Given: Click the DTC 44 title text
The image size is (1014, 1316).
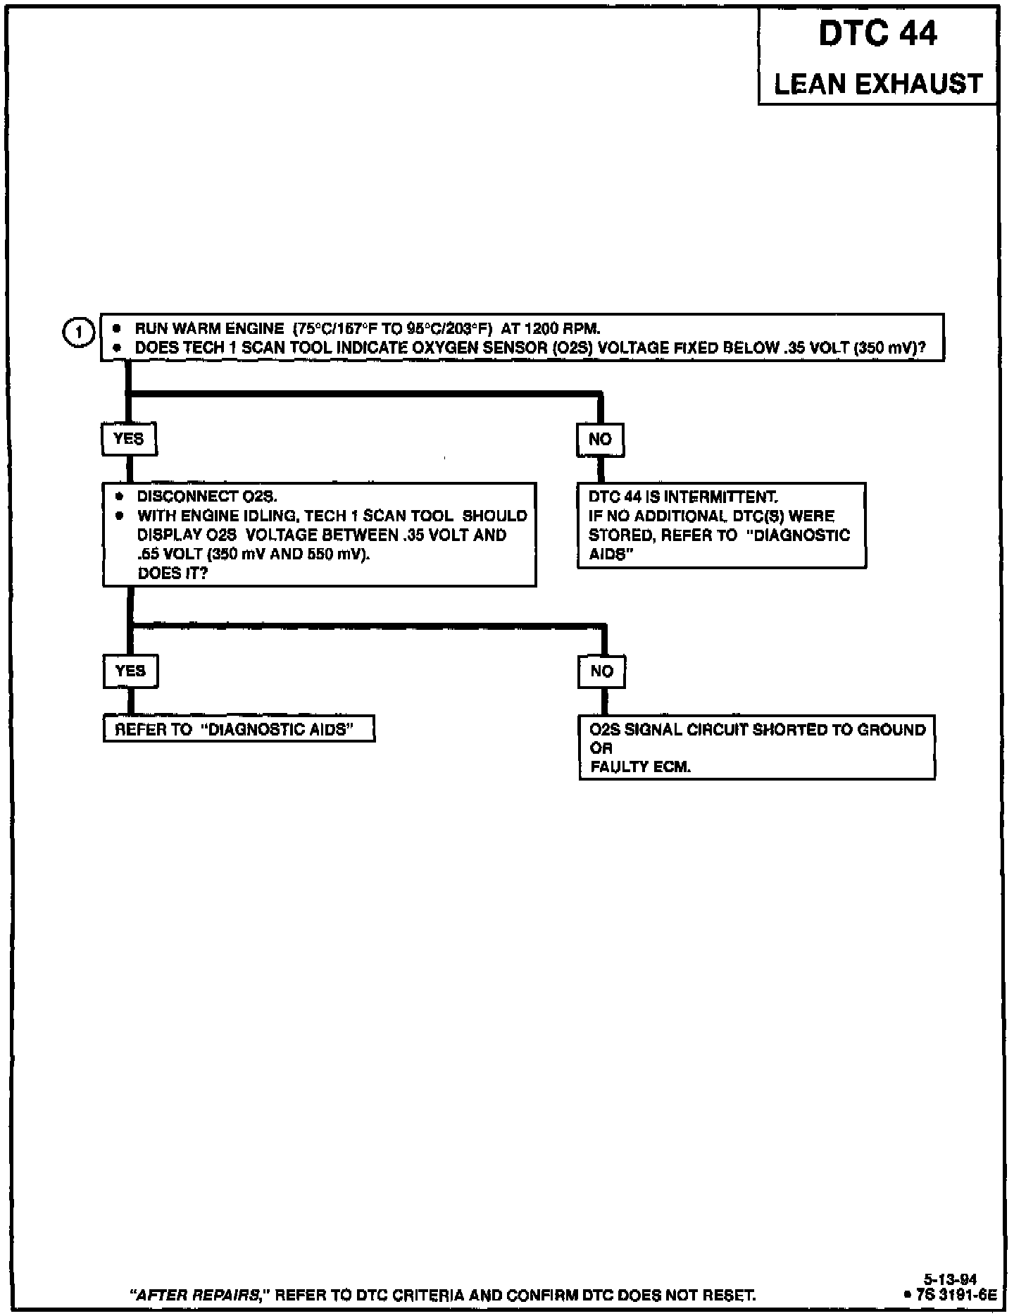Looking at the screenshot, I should pyautogui.click(x=877, y=33).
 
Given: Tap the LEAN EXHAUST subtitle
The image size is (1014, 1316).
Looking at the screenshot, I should pyautogui.click(x=878, y=84).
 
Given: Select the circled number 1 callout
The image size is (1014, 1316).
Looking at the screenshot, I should pyautogui.click(x=79, y=332).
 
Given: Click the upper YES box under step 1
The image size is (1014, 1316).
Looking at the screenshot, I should pyautogui.click(x=128, y=439).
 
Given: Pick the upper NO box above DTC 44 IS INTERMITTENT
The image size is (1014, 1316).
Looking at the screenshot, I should pyautogui.click(x=600, y=440).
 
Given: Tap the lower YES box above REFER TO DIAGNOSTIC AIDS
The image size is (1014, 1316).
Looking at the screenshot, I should pyautogui.click(x=130, y=671).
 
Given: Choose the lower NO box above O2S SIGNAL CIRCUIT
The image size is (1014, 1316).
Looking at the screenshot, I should pyautogui.click(x=601, y=671).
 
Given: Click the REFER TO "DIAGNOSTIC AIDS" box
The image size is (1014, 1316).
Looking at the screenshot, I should pyautogui.click(x=239, y=729).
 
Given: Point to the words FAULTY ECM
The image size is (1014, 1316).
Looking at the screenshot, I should pyautogui.click(x=640, y=767).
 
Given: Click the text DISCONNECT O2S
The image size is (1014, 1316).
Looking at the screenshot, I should pyautogui.click(x=207, y=497).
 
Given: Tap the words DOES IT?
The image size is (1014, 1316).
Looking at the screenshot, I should pyautogui.click(x=173, y=573).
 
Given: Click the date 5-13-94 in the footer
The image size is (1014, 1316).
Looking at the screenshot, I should pyautogui.click(x=950, y=1279).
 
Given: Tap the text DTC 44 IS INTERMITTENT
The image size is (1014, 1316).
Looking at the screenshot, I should pyautogui.click(x=683, y=497).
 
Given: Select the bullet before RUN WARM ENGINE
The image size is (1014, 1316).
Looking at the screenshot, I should pyautogui.click(x=118, y=328).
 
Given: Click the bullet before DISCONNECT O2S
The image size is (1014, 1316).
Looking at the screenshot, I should pyautogui.click(x=120, y=497).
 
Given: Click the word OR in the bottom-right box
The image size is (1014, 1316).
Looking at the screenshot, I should pyautogui.click(x=601, y=748).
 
